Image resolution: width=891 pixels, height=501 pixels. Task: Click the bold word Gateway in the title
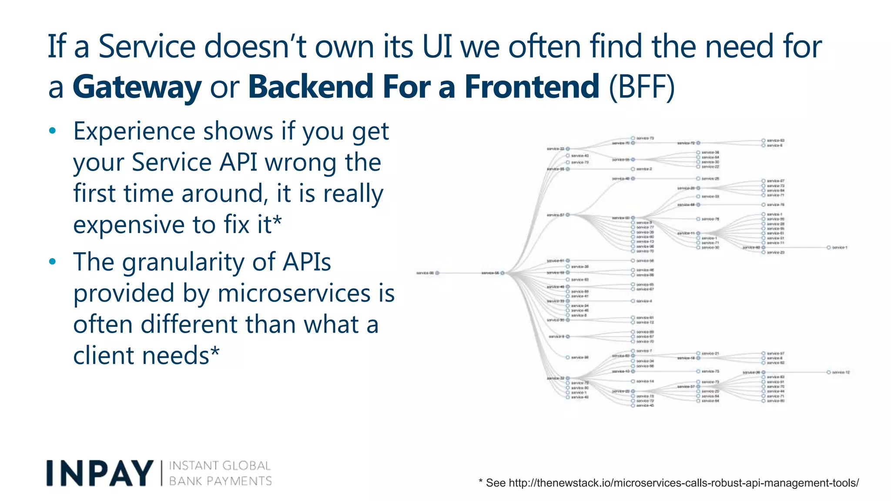137,87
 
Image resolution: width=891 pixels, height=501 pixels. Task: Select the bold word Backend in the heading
310,87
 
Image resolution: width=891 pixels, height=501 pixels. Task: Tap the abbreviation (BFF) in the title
641,87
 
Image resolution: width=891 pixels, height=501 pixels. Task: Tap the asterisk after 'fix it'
277,222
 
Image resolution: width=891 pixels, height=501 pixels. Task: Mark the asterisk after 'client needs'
215,353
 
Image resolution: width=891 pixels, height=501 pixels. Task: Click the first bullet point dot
53,131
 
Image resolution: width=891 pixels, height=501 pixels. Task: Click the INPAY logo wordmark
100,473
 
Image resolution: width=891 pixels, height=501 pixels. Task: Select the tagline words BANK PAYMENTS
220,481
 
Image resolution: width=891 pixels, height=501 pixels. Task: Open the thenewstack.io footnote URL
683,483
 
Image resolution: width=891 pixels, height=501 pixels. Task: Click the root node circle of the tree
437,273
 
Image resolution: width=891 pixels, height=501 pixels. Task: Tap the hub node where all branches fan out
502,273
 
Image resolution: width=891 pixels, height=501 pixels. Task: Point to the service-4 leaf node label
644,301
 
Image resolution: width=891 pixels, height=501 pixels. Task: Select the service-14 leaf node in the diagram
645,381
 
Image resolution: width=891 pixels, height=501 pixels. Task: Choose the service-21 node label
710,354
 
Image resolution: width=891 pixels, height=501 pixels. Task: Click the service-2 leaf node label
644,169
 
